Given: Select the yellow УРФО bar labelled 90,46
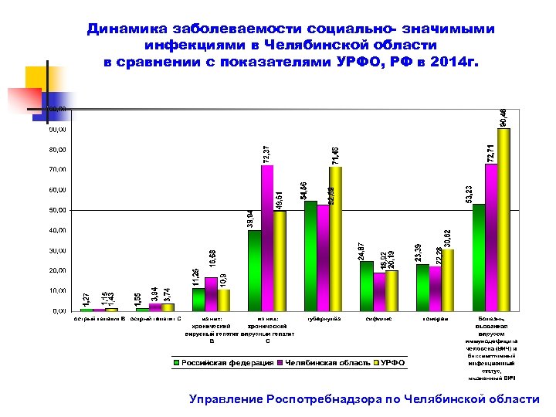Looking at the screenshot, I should (504, 219).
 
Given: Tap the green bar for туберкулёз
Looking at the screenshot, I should (310, 256).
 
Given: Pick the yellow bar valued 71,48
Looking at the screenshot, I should (335, 239).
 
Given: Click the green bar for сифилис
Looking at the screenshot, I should (366, 286).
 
